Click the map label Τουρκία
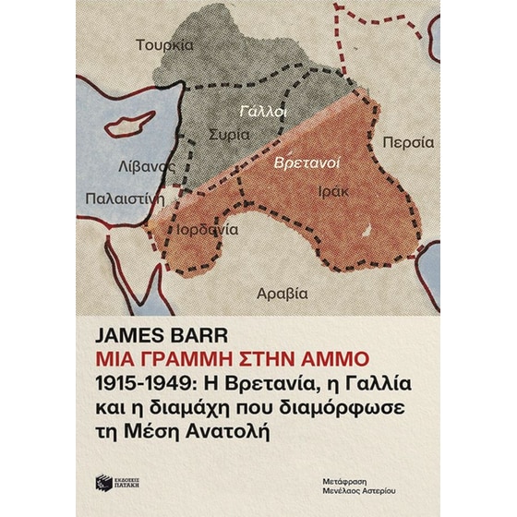[163, 44]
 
